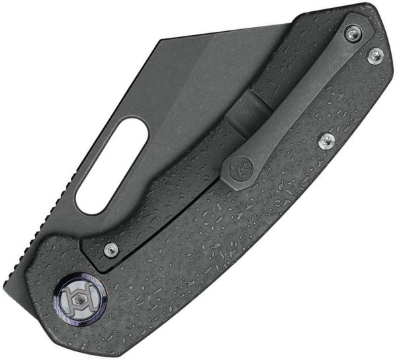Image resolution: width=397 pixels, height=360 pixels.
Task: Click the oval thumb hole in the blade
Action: [111, 165]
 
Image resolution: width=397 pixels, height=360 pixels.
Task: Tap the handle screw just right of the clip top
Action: [376, 56]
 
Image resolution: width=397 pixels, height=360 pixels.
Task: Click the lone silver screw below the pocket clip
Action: [325, 140]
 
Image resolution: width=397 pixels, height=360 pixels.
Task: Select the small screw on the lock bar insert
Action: [111, 249]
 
